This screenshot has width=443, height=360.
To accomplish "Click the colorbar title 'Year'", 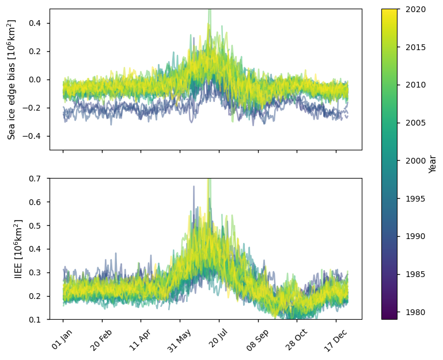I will click(x=433, y=164).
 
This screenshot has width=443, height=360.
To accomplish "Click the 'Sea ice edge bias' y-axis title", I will click(x=12, y=79).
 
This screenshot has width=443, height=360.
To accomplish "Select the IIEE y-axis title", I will click(x=18, y=249).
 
